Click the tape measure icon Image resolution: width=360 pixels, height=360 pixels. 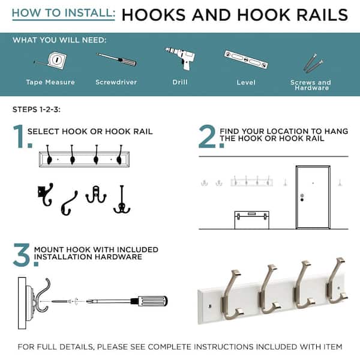(52, 61)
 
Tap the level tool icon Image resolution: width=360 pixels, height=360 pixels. (246, 59)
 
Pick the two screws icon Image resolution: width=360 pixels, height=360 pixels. (313, 62)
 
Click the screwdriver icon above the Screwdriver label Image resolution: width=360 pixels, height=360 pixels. (116, 59)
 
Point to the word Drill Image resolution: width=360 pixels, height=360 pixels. (180, 82)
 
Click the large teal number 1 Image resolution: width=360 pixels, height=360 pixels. (22, 136)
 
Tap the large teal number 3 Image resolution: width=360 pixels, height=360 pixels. (25, 255)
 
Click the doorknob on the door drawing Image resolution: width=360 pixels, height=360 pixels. (302, 200)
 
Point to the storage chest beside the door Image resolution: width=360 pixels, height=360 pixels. (252, 220)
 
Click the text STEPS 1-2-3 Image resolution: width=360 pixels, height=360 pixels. (37, 110)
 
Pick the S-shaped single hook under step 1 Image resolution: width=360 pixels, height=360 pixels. (69, 203)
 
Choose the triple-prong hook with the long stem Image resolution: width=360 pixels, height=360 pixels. (122, 199)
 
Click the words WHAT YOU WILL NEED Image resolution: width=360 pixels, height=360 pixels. (59, 40)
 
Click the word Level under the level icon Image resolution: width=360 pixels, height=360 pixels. (246, 82)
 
